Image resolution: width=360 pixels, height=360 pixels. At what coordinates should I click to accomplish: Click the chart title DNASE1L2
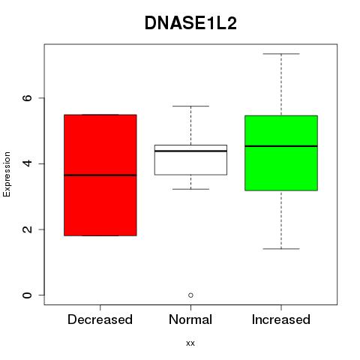[190, 23]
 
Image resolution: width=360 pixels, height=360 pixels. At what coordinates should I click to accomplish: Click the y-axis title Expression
[7, 174]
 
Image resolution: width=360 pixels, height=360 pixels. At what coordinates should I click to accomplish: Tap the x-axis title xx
[190, 343]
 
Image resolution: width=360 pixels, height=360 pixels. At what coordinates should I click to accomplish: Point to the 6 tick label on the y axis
[27, 97]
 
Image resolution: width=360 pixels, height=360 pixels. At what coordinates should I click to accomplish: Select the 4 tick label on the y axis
[27, 163]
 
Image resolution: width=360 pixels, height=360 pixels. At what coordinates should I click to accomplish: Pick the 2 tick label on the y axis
[27, 229]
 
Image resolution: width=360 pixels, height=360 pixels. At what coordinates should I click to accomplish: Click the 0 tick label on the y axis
[27, 295]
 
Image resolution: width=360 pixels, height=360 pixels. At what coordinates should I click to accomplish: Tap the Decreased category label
[100, 319]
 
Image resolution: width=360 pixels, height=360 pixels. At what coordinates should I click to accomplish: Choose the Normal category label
[190, 319]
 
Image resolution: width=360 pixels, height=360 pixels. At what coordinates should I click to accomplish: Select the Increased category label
[281, 319]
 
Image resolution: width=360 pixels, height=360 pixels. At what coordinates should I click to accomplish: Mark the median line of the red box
[100, 175]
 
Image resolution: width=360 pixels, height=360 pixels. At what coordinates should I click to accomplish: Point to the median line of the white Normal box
[190, 151]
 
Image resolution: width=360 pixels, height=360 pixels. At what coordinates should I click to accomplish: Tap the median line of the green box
[281, 146]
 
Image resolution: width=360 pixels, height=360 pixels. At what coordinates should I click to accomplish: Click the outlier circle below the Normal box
[190, 295]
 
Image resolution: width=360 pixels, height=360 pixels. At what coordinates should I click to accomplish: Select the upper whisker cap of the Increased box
[281, 54]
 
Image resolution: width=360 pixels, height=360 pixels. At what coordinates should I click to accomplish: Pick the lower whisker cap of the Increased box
[281, 249]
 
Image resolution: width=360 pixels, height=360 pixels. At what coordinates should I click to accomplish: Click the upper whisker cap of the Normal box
[190, 106]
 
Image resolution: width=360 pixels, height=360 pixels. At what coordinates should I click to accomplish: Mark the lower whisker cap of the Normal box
[190, 189]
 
